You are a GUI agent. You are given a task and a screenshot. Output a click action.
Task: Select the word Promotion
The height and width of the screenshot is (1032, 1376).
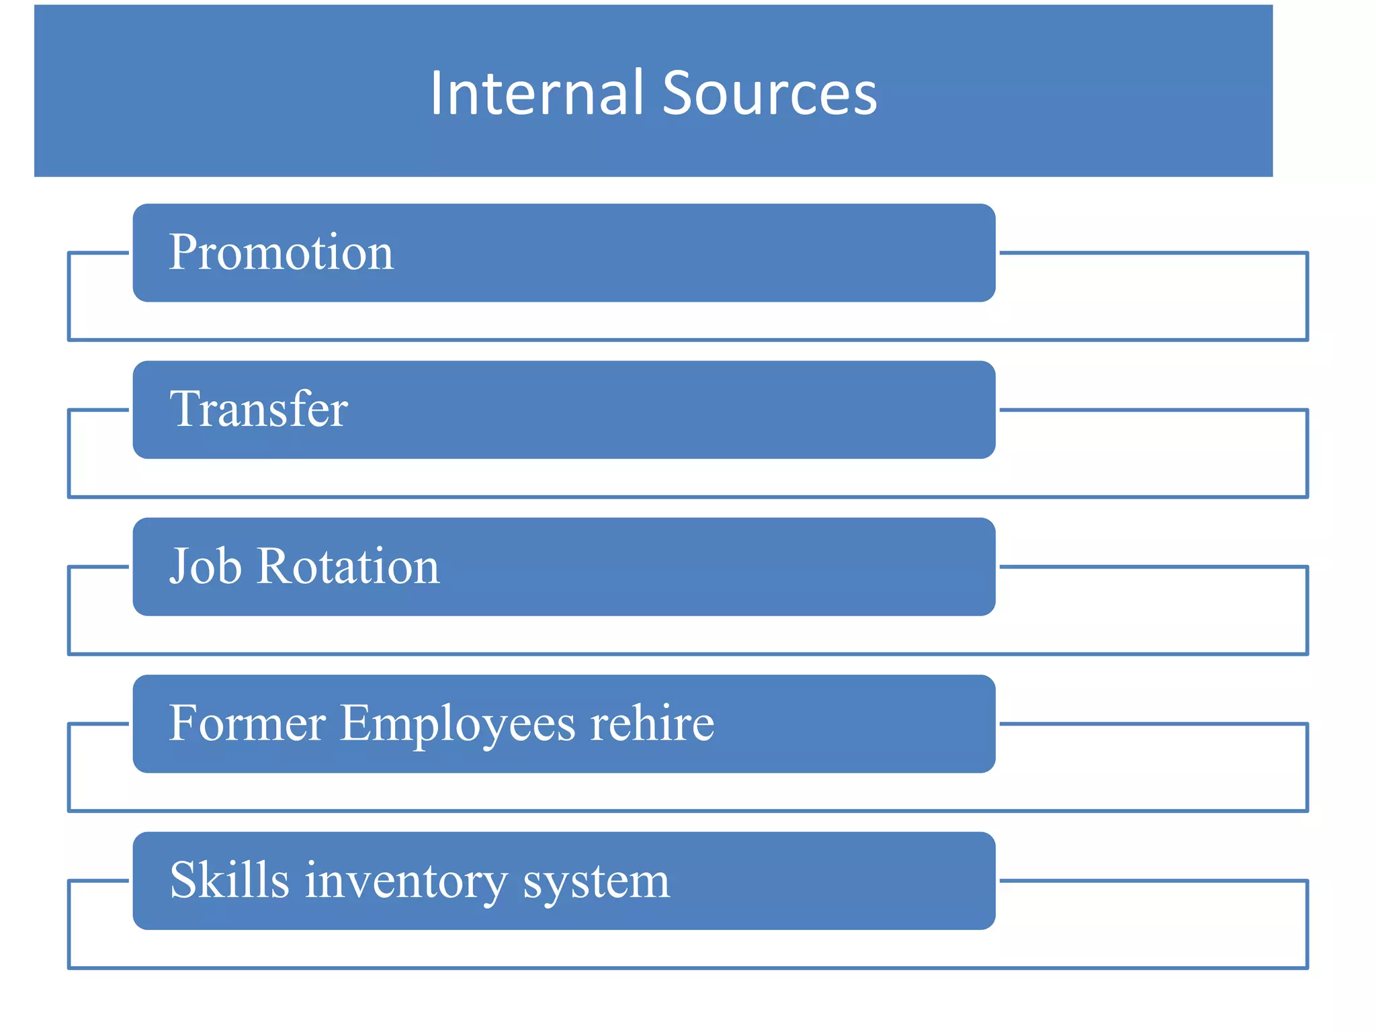click(281, 253)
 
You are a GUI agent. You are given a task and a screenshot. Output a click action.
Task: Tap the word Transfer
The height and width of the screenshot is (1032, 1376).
click(259, 409)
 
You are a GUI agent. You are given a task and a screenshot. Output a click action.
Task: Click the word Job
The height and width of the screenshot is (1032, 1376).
click(205, 566)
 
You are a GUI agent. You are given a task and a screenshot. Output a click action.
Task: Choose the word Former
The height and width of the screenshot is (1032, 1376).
click(247, 724)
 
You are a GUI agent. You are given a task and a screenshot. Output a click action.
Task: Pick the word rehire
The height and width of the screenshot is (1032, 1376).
click(652, 724)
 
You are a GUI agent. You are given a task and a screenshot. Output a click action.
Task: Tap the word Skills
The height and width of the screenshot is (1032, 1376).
click(229, 880)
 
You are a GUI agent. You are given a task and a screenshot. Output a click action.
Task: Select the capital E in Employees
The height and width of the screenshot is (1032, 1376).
click(358, 724)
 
